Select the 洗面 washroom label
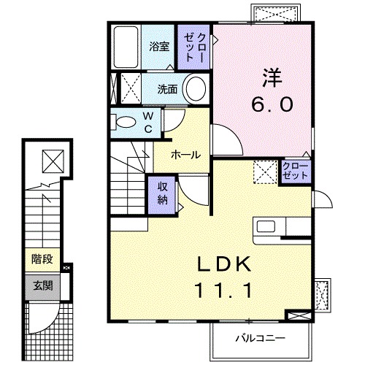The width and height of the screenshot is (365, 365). point(167,90)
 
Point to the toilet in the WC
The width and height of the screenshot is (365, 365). point(126,120)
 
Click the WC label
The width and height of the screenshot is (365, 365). point(147,121)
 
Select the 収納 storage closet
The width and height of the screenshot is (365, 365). point(163,194)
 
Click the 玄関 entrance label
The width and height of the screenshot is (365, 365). point(41,283)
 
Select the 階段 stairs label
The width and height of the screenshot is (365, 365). point(41,258)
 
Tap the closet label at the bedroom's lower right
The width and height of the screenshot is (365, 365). point(295,173)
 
